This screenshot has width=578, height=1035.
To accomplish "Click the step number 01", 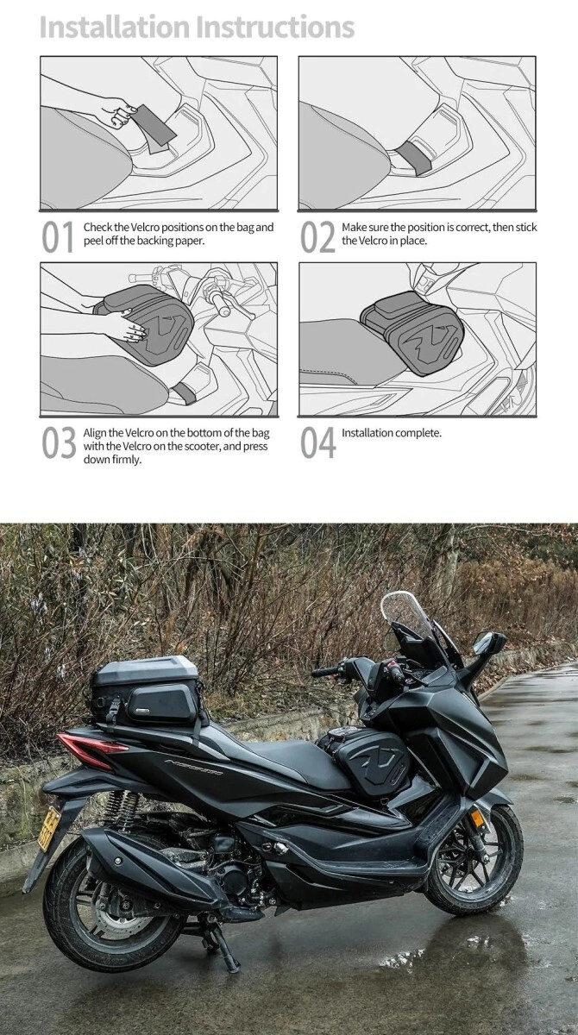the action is tap(58, 236).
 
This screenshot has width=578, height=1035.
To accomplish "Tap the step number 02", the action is tap(317, 236).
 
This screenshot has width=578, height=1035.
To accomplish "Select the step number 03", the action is tap(59, 442).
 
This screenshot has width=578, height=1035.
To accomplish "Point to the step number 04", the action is tap(317, 442).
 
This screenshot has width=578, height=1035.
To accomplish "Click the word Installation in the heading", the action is tap(115, 27).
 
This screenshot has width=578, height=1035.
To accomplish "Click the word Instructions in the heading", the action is tap(276, 27).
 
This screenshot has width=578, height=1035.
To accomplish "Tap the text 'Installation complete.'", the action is tap(392, 433).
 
